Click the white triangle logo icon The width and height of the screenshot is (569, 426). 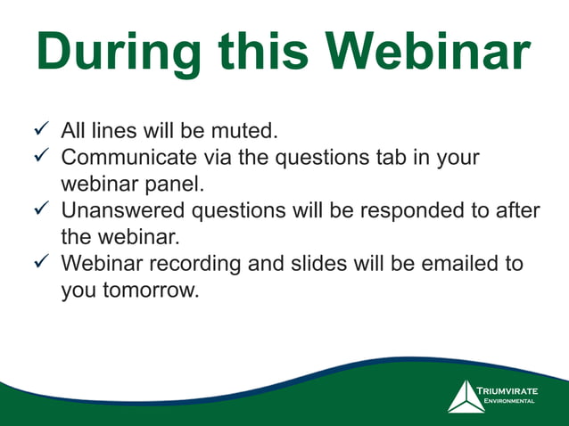465,397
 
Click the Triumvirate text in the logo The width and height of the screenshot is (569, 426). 507,391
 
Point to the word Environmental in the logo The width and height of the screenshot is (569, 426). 508,402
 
